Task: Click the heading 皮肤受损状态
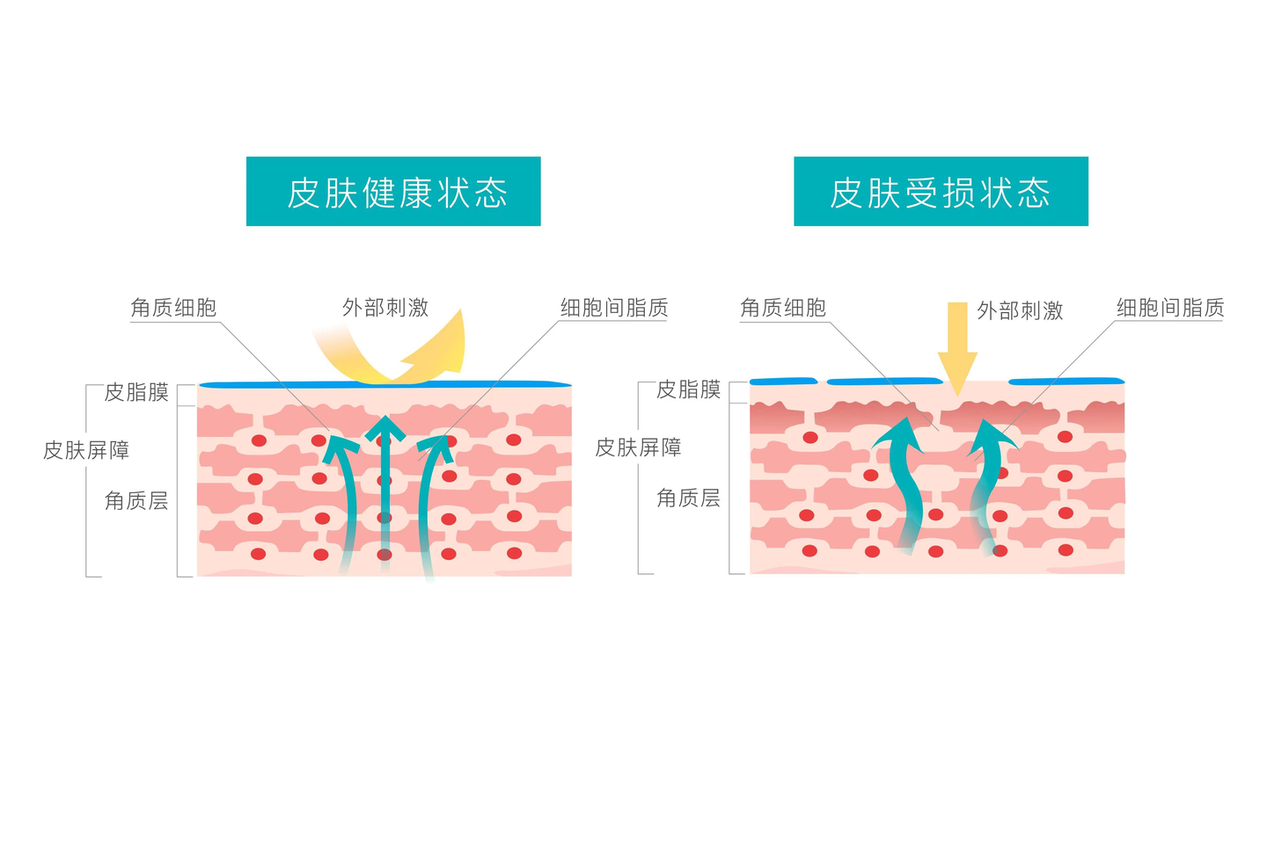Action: coord(941,192)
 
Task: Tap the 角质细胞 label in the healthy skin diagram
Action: coord(173,308)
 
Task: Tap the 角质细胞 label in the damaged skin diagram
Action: coord(783,308)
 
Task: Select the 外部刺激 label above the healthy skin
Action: coord(385,308)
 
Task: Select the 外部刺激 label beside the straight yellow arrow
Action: coord(1020,310)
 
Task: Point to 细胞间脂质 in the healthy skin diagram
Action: coord(614,308)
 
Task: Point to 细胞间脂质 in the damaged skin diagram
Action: coord(1170,308)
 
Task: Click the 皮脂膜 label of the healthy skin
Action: coord(136,392)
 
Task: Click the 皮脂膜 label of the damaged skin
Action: coord(688,389)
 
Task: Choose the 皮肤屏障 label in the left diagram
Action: coord(86,450)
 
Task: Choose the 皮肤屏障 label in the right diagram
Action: coord(638,447)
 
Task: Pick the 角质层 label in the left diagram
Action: coord(136,501)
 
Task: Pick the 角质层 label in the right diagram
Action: coord(688,498)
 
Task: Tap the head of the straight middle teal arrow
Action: coord(384,428)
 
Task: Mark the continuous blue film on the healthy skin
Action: coord(384,384)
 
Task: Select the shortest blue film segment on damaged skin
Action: coord(782,381)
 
